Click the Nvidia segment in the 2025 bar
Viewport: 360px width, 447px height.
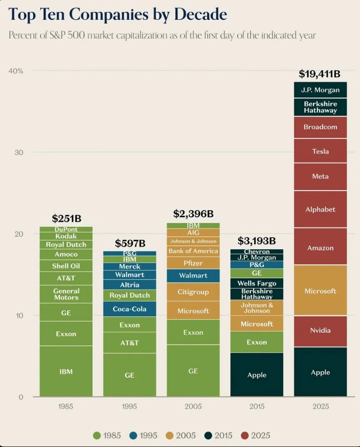pos(320,331)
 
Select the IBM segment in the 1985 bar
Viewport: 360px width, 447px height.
pos(66,371)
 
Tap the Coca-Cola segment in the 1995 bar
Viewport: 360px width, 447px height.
pos(130,309)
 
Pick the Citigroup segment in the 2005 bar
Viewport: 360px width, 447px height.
pos(193,292)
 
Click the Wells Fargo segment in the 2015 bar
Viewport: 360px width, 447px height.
pos(257,283)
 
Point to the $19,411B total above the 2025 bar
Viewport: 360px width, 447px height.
pos(320,74)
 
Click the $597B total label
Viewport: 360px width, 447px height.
pos(130,243)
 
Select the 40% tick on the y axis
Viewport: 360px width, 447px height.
pos(16,71)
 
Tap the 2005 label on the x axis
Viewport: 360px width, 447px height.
pos(193,406)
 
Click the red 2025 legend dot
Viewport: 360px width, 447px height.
pos(245,436)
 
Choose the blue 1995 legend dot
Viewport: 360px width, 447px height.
pos(133,436)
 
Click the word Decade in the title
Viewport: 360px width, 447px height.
pos(200,14)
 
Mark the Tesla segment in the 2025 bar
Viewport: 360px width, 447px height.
pos(320,151)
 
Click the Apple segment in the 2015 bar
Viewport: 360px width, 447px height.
pos(257,375)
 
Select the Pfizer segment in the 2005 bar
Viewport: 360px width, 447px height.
pos(193,263)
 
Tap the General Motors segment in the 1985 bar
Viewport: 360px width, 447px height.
pos(66,294)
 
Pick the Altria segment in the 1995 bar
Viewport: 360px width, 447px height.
pos(130,285)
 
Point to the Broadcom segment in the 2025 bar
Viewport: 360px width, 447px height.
pos(320,127)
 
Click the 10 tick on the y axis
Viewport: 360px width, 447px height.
pos(19,316)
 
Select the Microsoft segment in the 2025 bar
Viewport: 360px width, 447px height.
pos(320,291)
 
